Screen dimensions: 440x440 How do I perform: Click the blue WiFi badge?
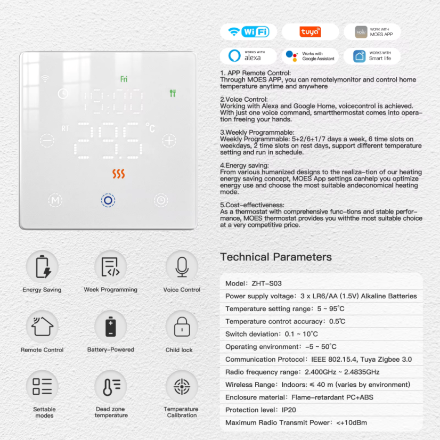(248, 31)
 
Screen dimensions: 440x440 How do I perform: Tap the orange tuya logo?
(310, 32)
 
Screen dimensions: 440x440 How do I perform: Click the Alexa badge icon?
(248, 56)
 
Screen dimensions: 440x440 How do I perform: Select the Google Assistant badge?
(310, 56)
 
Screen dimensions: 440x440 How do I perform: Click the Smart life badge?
(372, 56)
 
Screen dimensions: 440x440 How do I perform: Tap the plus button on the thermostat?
(169, 141)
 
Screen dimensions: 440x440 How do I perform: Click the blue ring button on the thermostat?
(108, 200)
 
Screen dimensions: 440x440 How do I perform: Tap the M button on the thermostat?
(55, 200)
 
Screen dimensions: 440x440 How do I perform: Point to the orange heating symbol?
(118, 174)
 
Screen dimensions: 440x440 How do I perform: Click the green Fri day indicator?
(124, 79)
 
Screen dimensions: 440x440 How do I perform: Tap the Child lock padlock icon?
(182, 326)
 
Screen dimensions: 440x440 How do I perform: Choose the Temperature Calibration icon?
(182, 386)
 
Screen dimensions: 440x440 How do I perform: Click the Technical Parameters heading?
(276, 257)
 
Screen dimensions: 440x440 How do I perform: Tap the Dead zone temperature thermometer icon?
(111, 386)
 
